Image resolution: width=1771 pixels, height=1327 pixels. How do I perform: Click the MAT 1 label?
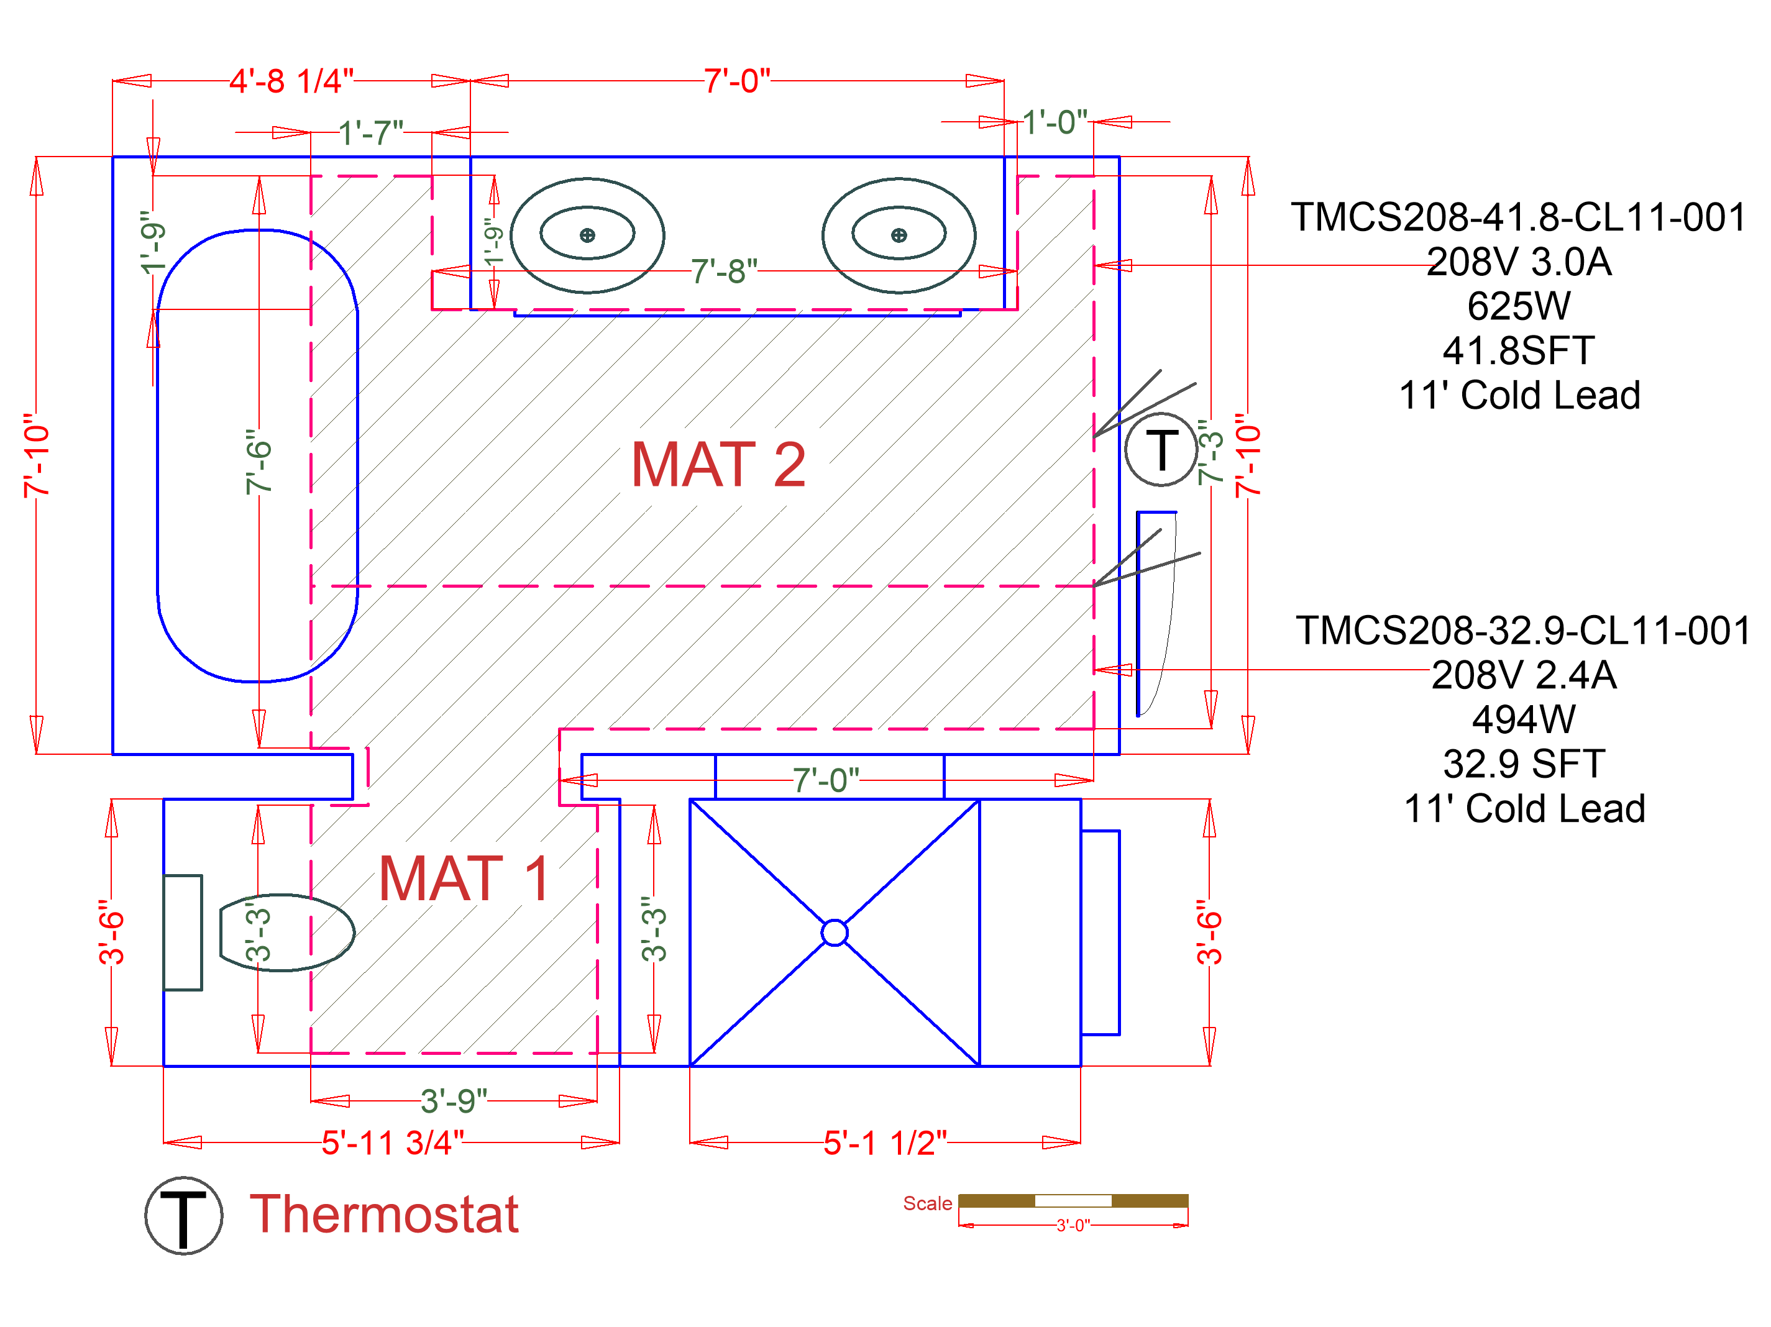pyautogui.click(x=464, y=879)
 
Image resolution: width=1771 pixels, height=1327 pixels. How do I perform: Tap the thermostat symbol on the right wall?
pyautogui.click(x=1160, y=450)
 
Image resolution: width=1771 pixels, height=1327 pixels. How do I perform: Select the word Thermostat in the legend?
pyautogui.click(x=384, y=1214)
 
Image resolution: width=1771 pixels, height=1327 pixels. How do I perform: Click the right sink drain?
pyautogui.click(x=899, y=235)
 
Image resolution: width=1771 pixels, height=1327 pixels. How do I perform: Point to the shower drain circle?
pyautogui.click(x=835, y=933)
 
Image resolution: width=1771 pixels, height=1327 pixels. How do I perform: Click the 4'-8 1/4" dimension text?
pyautogui.click(x=291, y=81)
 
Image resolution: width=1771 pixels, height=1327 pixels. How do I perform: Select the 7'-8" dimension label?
pyautogui.click(x=724, y=271)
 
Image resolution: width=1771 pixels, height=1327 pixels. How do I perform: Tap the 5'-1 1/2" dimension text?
pyautogui.click(x=885, y=1143)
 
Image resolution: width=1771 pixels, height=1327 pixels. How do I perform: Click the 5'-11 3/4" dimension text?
pyautogui.click(x=392, y=1143)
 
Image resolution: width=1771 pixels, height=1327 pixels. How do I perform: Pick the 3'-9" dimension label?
pyautogui.click(x=454, y=1101)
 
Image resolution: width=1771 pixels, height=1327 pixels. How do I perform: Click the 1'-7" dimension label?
pyautogui.click(x=371, y=133)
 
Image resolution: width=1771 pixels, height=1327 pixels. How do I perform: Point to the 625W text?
pyautogui.click(x=1518, y=306)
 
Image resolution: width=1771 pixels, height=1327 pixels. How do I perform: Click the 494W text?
pyautogui.click(x=1523, y=719)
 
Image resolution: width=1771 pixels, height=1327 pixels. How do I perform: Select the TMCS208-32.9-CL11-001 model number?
pyautogui.click(x=1523, y=631)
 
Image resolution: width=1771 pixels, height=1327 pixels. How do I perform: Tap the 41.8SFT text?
pyautogui.click(x=1518, y=350)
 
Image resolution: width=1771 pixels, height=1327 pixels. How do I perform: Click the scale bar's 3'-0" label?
pyautogui.click(x=1073, y=1225)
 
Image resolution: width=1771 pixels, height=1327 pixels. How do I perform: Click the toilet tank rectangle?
pyautogui.click(x=183, y=933)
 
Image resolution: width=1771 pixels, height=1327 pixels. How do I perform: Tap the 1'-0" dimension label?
pyautogui.click(x=1055, y=122)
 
